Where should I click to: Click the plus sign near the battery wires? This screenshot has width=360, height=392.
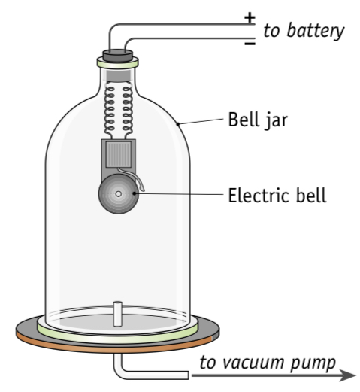coord(250,17)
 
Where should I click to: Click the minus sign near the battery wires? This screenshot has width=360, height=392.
coord(250,44)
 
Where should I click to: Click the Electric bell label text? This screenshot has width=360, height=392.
coord(277,196)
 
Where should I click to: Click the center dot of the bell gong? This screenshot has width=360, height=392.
coord(117,195)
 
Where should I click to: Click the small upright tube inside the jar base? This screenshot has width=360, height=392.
coord(117,311)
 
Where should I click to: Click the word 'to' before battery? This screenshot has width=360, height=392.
coord(269,31)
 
